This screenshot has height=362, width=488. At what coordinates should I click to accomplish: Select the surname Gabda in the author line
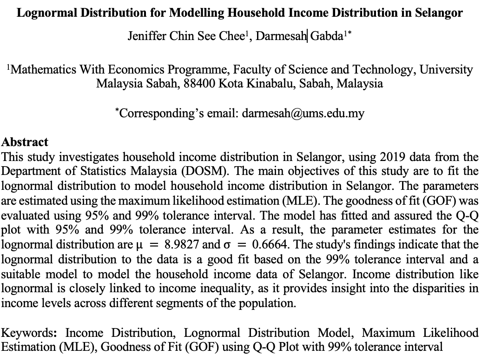coord(325,36)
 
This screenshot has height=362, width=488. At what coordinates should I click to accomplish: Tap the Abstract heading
coord(25,142)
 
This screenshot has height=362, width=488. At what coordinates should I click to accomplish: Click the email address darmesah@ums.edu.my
coord(303,113)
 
